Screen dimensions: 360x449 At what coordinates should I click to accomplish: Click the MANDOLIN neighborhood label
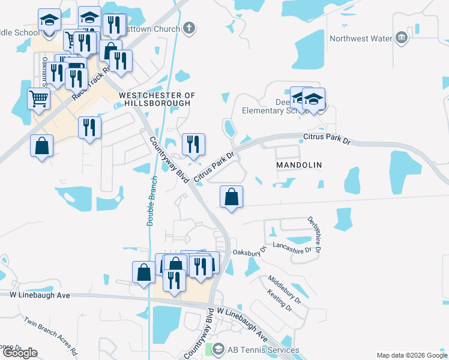coord(299,164)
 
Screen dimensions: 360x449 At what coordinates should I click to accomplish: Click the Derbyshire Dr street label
coord(315,235)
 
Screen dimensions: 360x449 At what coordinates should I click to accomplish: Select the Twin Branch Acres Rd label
coord(51,334)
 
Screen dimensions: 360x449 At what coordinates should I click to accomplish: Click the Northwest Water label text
coord(361,39)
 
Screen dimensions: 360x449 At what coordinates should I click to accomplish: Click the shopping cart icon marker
coord(38,98)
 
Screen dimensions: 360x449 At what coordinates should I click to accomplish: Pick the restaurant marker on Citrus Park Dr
coord(193,144)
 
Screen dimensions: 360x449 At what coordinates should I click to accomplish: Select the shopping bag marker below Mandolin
coord(231,196)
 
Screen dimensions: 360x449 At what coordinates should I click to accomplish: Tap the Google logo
coord(20,353)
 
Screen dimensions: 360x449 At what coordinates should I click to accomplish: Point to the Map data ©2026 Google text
coord(411,355)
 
